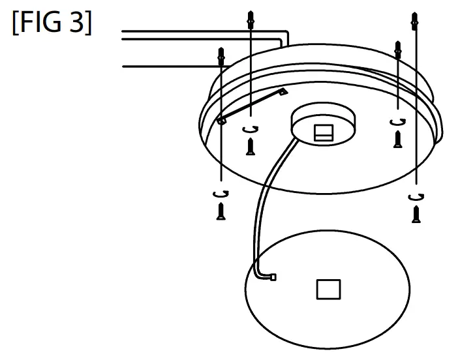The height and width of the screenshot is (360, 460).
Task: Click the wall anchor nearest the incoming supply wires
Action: point(251,20)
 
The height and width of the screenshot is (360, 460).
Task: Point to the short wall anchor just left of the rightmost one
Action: point(398,49)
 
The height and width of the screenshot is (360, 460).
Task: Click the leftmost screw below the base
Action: point(221,211)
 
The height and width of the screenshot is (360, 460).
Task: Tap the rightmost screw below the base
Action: point(416,213)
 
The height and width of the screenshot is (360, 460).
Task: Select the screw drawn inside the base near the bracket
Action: point(250,145)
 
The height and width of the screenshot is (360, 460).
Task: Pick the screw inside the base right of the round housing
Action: point(397,138)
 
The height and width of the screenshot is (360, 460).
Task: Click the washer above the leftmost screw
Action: point(221,193)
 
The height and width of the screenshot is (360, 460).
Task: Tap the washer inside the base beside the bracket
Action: point(250,129)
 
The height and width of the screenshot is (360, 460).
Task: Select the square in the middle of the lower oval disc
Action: point(328,289)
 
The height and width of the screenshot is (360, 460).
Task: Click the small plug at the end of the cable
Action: point(272,277)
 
